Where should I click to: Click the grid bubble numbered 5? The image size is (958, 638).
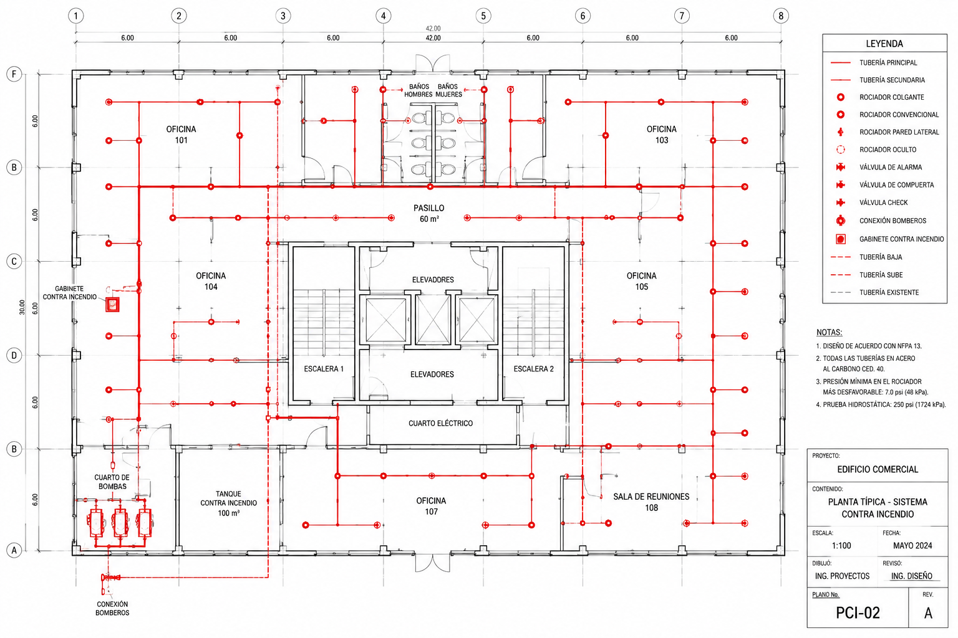[x=483, y=16]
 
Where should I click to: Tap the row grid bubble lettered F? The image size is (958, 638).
[x=14, y=74]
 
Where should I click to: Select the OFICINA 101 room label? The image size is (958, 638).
[x=181, y=135]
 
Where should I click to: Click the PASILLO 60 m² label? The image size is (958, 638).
[x=428, y=213]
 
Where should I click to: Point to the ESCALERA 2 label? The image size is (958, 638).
[x=533, y=369]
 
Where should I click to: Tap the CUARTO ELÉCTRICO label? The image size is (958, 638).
[x=440, y=423]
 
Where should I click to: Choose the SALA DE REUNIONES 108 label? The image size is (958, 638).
[x=651, y=502]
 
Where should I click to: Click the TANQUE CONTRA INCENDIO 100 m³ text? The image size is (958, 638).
[x=228, y=503]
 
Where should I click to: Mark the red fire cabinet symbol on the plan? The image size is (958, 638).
[x=112, y=304]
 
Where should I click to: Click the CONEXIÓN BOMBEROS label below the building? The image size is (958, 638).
[x=112, y=608]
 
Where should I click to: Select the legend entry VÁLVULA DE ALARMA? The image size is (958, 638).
[x=891, y=167]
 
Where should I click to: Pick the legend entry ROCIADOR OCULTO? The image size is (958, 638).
[x=888, y=150]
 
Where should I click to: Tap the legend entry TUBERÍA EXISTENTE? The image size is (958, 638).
[x=889, y=292]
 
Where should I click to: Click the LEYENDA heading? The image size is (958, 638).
[x=884, y=44]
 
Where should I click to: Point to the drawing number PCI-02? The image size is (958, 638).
[x=858, y=613]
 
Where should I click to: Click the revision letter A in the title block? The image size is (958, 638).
[x=928, y=613]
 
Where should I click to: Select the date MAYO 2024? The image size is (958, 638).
[x=912, y=545]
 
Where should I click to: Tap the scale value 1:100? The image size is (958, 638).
[x=841, y=545]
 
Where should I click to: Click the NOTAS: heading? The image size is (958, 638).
[x=830, y=332]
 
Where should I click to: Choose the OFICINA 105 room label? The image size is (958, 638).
[x=642, y=281]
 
